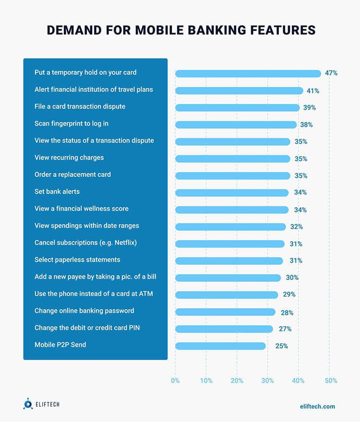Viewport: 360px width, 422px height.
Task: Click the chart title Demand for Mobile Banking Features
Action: [181, 30]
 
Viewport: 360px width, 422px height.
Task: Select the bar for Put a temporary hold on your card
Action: [248, 73]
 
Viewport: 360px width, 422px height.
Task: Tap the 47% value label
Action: [331, 73]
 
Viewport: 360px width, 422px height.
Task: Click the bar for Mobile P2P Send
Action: [220, 346]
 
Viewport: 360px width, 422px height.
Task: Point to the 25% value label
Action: [282, 346]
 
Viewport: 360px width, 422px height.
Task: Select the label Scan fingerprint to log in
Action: [72, 123]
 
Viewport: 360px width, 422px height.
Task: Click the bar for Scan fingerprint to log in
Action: [236, 125]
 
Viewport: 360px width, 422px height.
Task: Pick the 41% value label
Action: [313, 91]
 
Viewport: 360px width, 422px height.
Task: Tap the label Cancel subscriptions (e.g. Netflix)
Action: [85, 242]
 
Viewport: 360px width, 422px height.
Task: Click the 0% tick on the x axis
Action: [175, 381]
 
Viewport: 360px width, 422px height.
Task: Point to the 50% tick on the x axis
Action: [331, 381]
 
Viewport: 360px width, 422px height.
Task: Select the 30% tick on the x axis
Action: [268, 381]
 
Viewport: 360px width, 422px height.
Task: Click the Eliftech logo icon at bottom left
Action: [28, 404]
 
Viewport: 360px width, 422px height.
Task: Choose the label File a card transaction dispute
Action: [80, 106]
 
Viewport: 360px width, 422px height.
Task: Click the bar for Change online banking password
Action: [225, 312]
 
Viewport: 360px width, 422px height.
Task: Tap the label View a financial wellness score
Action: [82, 208]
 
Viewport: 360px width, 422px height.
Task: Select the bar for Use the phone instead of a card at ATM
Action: [227, 295]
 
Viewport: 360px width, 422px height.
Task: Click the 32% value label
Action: [296, 227]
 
